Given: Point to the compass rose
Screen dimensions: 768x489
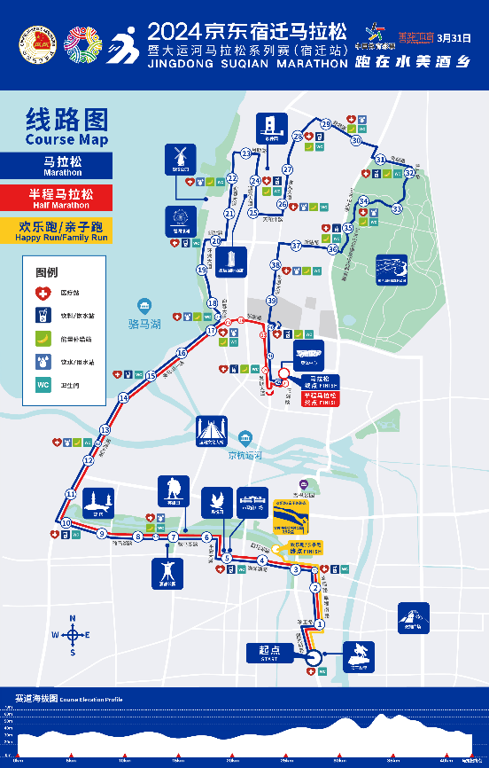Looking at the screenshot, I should (74, 634).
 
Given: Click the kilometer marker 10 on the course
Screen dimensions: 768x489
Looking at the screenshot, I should (66, 523).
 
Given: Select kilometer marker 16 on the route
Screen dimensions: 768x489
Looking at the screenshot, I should (182, 353).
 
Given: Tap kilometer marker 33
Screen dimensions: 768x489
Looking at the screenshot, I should (397, 208).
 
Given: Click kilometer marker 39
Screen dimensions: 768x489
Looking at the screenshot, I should (272, 302).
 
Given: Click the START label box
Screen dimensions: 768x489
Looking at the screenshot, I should (268, 653).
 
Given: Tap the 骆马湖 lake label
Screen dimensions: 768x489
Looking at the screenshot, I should (144, 325).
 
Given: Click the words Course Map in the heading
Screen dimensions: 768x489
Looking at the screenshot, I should (66, 140).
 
